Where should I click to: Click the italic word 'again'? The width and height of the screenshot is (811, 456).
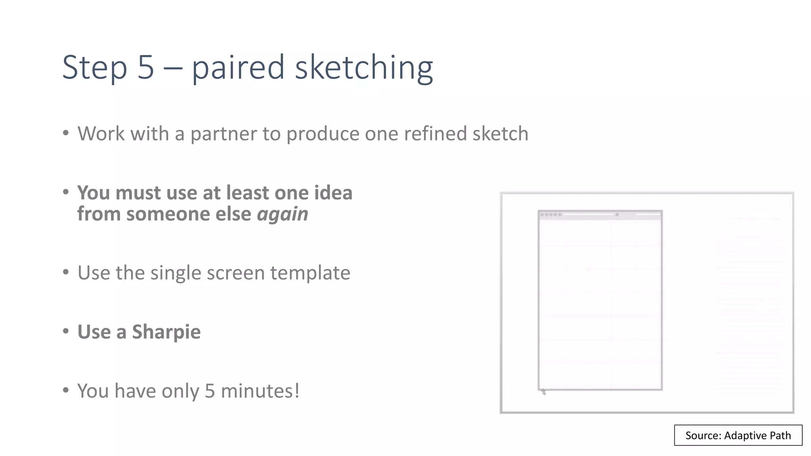(282, 214)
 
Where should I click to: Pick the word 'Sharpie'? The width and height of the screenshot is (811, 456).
(166, 332)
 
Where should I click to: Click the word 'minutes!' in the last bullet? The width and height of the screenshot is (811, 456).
(260, 391)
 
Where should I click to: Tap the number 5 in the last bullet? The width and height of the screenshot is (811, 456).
(210, 391)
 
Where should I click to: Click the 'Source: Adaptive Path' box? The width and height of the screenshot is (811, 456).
(738, 435)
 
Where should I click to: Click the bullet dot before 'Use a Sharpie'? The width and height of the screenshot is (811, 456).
(66, 331)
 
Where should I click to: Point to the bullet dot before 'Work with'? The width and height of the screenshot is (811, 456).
(66, 133)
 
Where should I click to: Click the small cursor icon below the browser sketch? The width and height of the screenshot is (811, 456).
(543, 392)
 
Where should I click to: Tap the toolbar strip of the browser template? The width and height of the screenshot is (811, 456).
(600, 215)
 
